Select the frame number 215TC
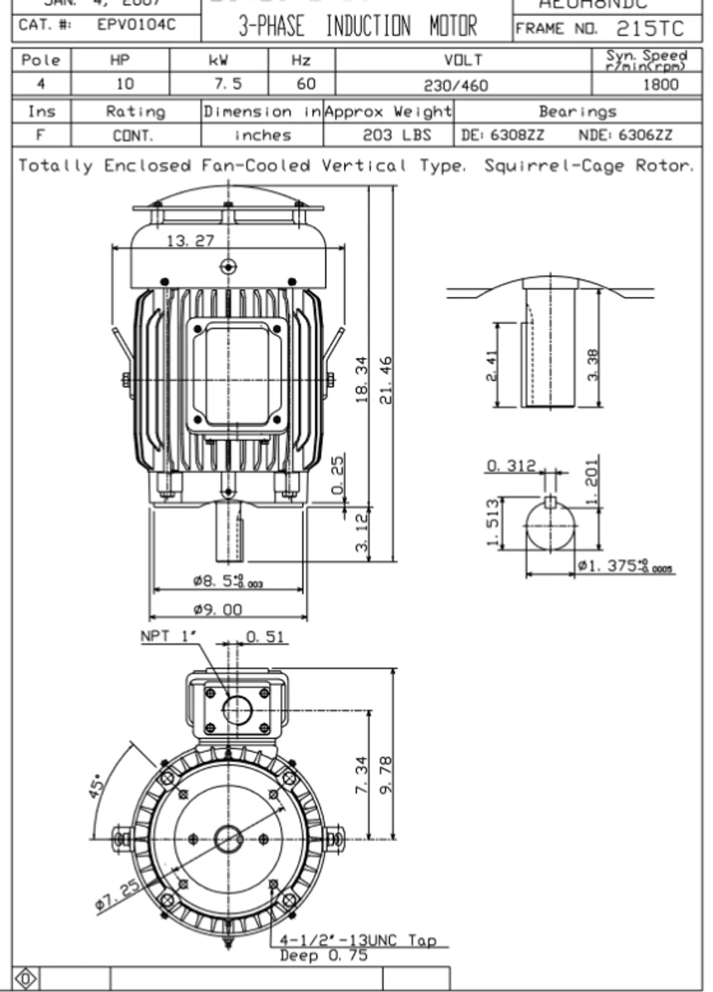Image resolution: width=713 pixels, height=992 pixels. click(x=650, y=29)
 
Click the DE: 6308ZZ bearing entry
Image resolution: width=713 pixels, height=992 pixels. click(x=503, y=135)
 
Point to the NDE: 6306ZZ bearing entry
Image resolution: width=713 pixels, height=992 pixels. click(x=625, y=135)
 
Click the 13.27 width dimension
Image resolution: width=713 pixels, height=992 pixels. click(x=190, y=241)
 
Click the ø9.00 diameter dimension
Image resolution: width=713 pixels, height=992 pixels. click(x=219, y=610)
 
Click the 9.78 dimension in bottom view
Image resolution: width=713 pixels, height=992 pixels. click(x=387, y=774)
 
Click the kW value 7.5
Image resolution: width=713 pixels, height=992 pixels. click(x=219, y=84)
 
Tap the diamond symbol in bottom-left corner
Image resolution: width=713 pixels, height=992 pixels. click(x=25, y=978)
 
